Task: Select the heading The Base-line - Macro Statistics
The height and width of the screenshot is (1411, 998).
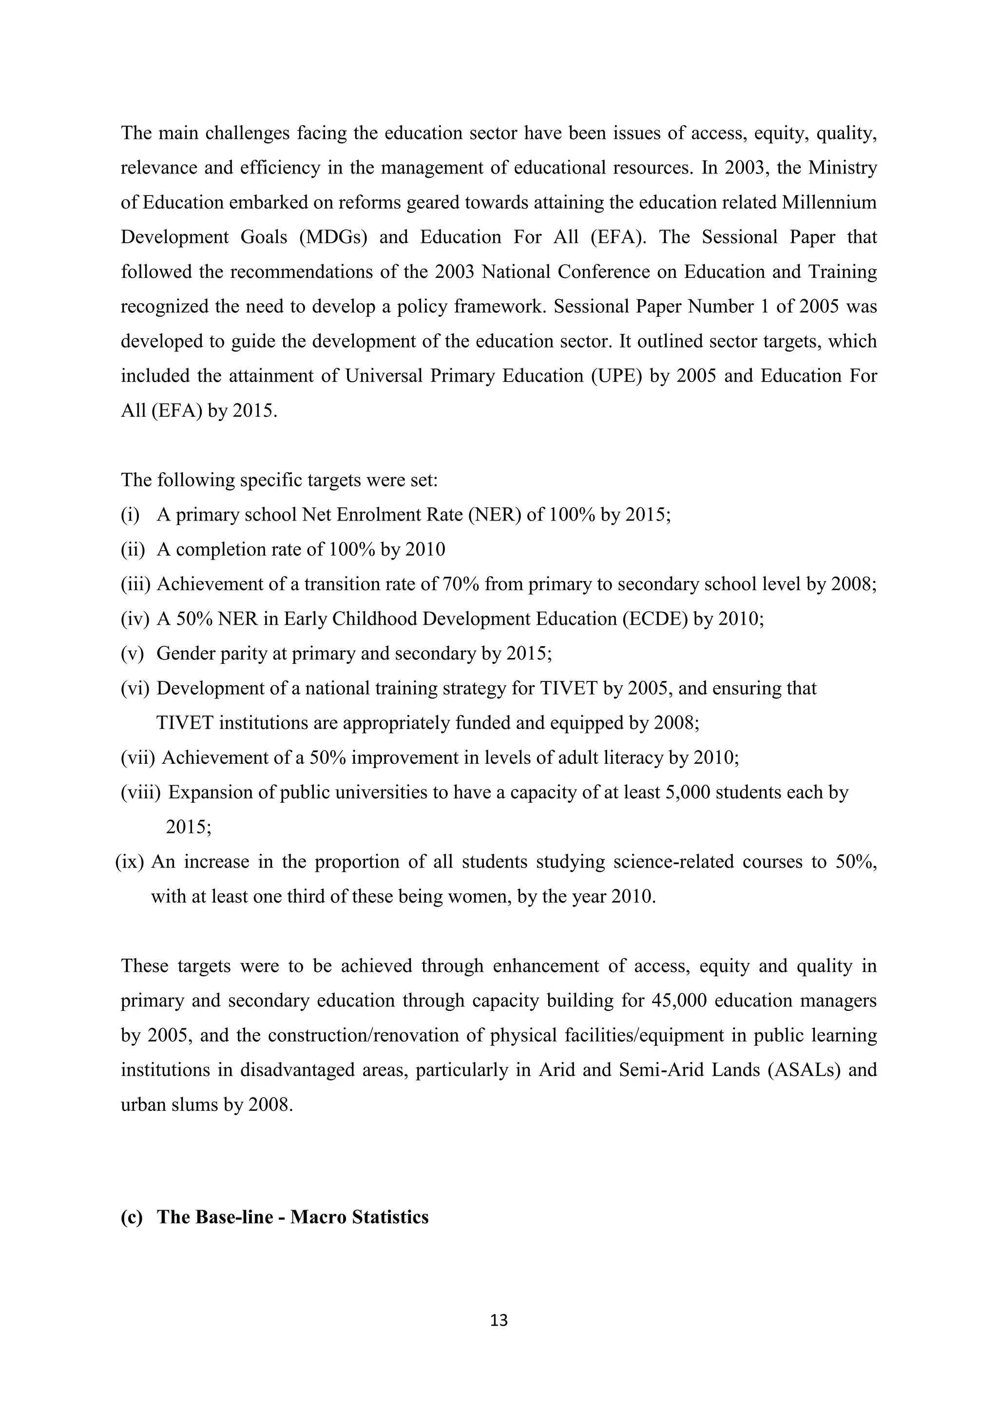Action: click(292, 1217)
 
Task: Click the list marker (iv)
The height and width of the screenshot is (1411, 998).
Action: click(134, 619)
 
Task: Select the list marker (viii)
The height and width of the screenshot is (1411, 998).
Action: click(140, 792)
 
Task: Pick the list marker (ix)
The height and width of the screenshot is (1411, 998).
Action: click(130, 862)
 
